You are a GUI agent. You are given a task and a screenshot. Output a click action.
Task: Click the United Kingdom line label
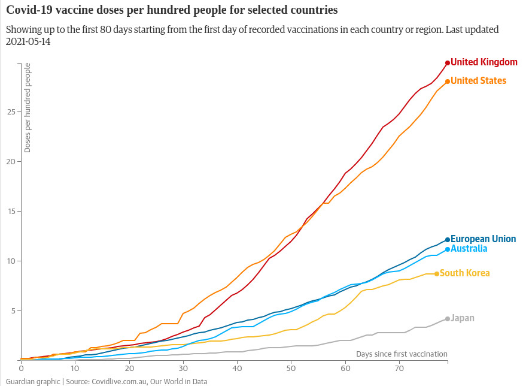point(484,62)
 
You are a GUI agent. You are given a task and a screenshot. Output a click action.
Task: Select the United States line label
point(478,81)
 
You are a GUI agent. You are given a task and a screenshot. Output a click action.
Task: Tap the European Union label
point(483,239)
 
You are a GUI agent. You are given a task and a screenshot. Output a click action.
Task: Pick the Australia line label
point(469,249)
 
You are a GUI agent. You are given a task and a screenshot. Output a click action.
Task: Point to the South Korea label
point(464,273)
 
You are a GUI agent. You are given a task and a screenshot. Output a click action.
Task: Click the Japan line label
point(463,318)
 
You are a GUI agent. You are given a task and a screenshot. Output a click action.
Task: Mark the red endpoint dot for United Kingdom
point(448,62)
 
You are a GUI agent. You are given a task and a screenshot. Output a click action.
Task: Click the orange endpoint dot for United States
point(448,82)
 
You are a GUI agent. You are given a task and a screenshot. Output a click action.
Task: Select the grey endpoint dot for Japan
point(448,319)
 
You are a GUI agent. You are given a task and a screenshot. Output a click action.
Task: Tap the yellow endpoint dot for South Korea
point(437,274)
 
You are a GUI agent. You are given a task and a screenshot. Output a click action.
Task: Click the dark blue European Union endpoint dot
point(448,240)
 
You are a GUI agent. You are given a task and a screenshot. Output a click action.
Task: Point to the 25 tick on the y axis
point(11,111)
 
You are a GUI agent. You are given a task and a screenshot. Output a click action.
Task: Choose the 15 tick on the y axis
point(11,211)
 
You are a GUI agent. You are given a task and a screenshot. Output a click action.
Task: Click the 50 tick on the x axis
point(291,367)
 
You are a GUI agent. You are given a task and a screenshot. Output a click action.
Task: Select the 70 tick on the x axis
point(399,367)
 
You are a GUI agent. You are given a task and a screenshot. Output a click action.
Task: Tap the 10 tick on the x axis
point(75,367)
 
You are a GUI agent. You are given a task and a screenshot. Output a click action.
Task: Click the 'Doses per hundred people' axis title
point(28,107)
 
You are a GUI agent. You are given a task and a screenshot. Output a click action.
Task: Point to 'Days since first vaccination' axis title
point(402,354)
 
